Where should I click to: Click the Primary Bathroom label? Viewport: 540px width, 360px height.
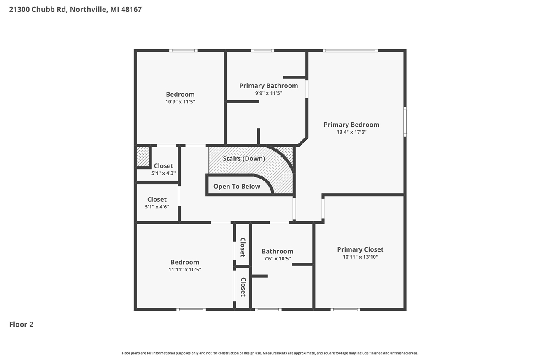point(268,86)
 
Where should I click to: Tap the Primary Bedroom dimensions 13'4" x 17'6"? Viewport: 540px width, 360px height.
point(351,132)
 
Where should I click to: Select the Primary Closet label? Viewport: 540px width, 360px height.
point(360,249)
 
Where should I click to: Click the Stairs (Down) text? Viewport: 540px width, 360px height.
point(244,159)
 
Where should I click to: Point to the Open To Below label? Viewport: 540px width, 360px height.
point(237,187)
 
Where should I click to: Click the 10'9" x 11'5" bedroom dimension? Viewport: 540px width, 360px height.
point(180,102)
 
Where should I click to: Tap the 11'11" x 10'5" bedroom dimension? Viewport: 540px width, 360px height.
point(184,269)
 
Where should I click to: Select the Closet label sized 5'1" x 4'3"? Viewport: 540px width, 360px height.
point(163,166)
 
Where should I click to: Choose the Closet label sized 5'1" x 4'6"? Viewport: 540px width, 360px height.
point(157,200)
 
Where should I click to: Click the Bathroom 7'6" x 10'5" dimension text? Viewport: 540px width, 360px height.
point(277,259)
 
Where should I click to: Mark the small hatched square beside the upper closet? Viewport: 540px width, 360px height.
point(143,157)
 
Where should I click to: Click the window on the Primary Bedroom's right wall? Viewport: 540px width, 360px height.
point(405,122)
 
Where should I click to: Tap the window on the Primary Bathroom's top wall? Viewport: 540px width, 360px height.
point(262,51)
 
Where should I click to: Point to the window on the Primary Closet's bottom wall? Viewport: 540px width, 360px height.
point(345,309)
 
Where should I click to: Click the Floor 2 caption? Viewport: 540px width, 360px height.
point(21,325)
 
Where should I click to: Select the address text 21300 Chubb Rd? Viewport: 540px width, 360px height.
point(38,9)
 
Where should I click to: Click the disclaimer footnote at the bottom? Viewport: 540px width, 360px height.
point(270,353)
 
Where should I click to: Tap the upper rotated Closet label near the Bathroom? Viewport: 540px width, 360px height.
point(243,248)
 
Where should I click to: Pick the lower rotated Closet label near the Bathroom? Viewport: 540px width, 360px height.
point(243,287)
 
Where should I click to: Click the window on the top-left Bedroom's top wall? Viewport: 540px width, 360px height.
point(184,51)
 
